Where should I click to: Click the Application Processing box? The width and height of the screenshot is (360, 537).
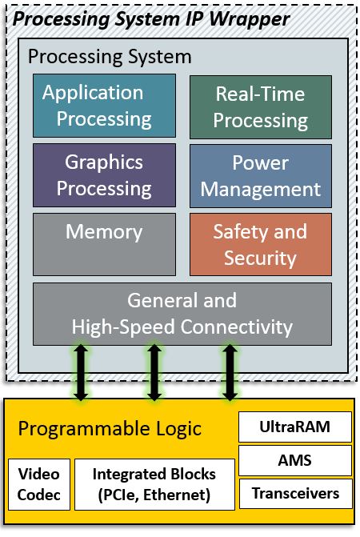coord(104,106)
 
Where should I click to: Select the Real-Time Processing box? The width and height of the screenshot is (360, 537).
coord(261,107)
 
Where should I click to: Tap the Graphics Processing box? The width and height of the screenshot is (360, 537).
coord(104,175)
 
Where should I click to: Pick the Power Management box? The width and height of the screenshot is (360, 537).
coord(261,176)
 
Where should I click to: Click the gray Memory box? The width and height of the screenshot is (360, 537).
coord(104,244)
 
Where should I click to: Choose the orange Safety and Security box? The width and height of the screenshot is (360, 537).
coord(261,244)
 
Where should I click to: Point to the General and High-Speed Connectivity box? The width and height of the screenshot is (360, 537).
coord(182,314)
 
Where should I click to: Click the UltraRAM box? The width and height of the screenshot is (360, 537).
coord(295,427)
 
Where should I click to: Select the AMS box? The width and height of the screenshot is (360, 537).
coord(295,460)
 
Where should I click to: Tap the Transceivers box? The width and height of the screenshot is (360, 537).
coord(295,494)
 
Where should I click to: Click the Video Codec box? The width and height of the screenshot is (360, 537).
coord(39,484)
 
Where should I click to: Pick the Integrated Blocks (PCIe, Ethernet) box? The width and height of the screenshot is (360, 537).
coord(154,484)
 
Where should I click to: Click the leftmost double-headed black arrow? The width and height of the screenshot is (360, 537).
coord(81,373)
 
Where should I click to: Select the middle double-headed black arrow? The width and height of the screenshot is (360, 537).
coord(154,373)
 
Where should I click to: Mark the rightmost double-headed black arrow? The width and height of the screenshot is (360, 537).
coord(230,373)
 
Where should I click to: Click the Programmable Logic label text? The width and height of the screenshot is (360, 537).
coord(110,429)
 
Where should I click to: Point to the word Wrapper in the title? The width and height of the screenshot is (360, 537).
coord(250,19)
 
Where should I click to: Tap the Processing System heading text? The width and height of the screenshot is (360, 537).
coord(110,57)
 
